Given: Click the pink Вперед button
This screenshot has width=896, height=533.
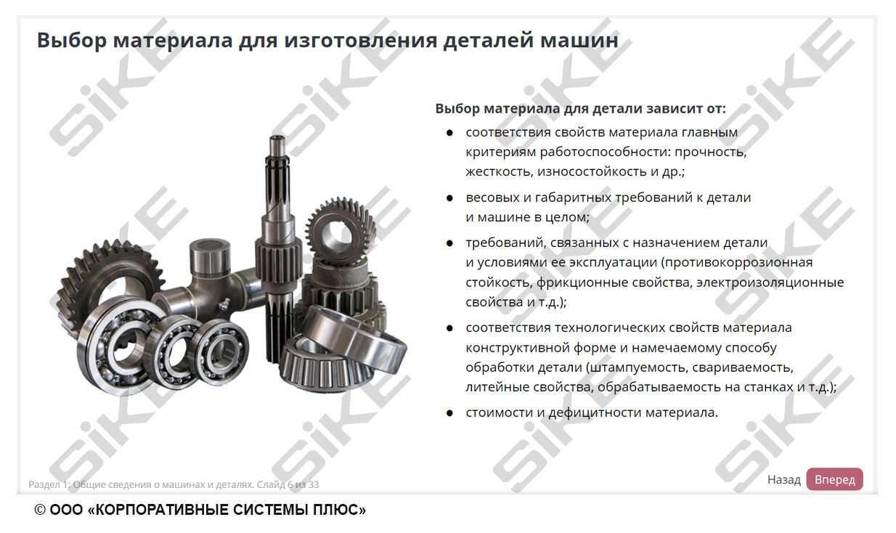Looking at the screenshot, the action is point(834,479).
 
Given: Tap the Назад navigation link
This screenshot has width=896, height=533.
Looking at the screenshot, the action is point(783,479).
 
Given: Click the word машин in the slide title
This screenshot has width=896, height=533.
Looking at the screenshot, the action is point(579,41).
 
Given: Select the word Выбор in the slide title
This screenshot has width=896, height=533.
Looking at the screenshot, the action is point(72,41).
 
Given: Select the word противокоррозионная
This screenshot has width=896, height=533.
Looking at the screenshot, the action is point(736,262).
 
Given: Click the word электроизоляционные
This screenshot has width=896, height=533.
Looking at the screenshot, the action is point(770,282).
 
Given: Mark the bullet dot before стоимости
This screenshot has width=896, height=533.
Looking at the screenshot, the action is point(449,413).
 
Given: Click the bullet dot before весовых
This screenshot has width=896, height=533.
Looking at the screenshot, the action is point(449,198).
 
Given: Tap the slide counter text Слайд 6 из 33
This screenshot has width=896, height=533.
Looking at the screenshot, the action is point(288,484).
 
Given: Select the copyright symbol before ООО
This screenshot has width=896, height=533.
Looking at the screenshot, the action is point(40,510).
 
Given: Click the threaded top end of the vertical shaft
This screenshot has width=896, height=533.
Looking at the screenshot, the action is point(277,146).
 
